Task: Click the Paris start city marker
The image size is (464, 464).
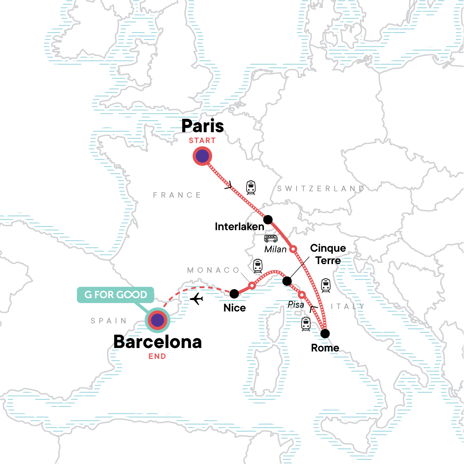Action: (x=202, y=157)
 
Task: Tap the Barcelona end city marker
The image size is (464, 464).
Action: (x=157, y=320)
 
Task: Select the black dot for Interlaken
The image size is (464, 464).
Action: (x=268, y=220)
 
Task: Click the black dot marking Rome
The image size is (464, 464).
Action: (x=326, y=333)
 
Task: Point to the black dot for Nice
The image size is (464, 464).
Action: (x=234, y=294)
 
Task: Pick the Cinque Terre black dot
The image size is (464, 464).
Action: (x=287, y=281)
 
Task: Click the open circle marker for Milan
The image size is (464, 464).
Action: (x=293, y=249)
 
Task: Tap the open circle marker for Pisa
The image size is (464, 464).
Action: (x=302, y=295)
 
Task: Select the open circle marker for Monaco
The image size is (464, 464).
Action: (x=252, y=285)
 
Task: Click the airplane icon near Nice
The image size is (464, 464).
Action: (x=197, y=299)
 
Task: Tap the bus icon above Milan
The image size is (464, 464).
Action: (x=271, y=238)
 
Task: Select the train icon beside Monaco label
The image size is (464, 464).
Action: (x=258, y=266)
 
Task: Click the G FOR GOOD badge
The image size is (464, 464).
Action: (x=116, y=295)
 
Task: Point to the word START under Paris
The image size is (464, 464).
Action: (x=202, y=141)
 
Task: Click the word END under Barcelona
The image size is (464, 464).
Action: (x=157, y=357)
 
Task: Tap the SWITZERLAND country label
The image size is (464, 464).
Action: (x=321, y=189)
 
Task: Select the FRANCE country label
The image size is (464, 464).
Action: (x=177, y=195)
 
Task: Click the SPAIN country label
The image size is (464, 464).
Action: (x=109, y=321)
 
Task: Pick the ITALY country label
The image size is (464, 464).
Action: (x=348, y=306)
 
